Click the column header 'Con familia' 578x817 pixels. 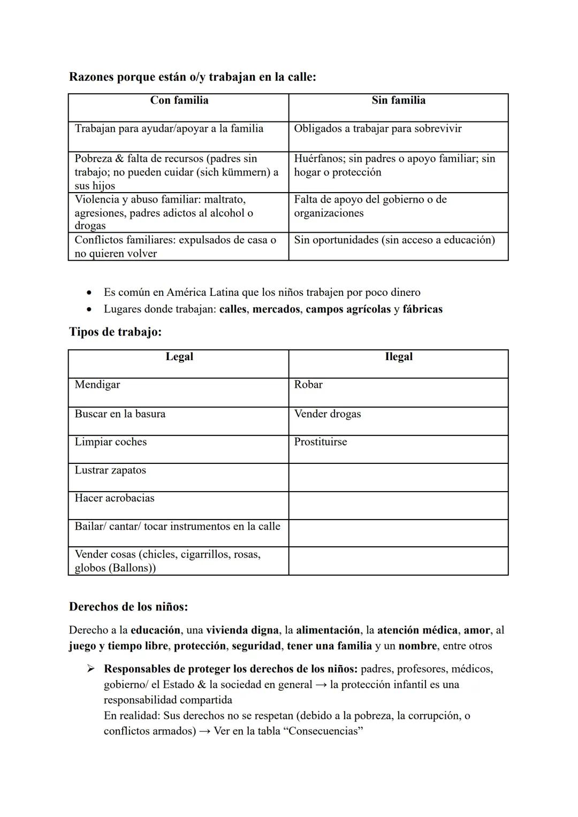point(179,101)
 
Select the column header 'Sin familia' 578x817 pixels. point(398,101)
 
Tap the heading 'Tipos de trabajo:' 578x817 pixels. point(115,332)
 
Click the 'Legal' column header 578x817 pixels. point(179,357)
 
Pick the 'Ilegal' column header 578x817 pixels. point(398,357)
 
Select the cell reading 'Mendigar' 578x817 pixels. point(97,385)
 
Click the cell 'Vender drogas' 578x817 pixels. point(327,414)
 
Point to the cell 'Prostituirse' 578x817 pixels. point(320,442)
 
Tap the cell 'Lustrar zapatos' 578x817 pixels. point(110,470)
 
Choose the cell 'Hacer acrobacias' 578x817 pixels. point(115,498)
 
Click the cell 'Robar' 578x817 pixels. point(308,385)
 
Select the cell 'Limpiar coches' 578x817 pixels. point(110,442)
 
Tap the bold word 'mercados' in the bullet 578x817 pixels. point(276,309)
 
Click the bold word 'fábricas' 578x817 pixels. point(422,309)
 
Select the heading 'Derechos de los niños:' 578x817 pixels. point(128,607)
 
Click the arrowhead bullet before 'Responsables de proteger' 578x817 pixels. point(91,669)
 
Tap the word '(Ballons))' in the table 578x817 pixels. point(132,568)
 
